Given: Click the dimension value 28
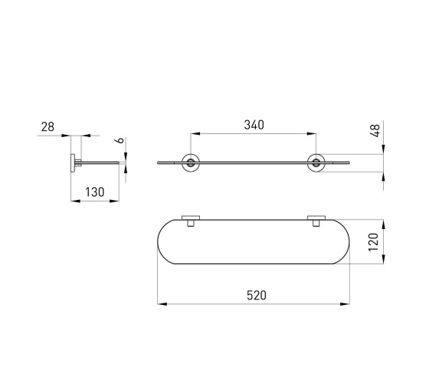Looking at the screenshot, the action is pos(47,127).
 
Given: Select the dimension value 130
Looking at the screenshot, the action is pos(95,192).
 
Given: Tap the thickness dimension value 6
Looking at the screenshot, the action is pos(120,141).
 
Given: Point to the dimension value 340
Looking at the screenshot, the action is pos(254,125).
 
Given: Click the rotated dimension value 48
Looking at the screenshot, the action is pos(375,130).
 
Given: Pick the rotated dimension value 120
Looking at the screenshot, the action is pos(373,242).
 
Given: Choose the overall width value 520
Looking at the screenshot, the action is pos(257,296).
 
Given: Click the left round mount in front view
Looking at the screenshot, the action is pos(191,163).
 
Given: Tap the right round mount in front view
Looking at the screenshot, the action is pos(316,163).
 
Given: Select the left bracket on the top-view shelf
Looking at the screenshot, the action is pos(191,221).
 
